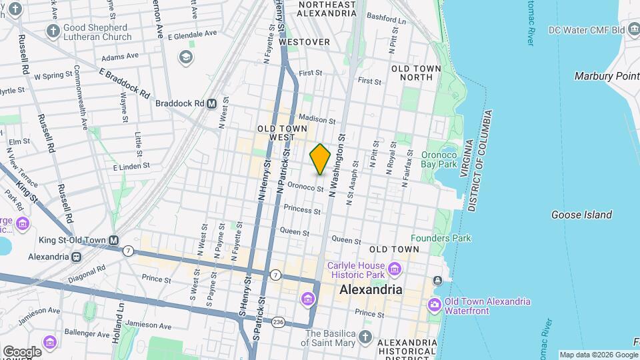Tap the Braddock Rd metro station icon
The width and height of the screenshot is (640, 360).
coord(212,103)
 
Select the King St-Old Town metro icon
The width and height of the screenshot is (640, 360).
coord(115,240)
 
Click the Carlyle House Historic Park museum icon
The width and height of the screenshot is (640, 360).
coord(395,269)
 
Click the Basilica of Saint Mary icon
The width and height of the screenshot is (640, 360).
coord(365,337)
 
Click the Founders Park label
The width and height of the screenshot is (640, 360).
coord(441,238)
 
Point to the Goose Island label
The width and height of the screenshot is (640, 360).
coord(581,215)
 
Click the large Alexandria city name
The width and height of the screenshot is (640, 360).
coord(371,290)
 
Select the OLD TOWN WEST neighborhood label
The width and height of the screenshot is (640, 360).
coord(282,133)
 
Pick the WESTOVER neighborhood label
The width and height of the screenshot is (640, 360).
coord(304,42)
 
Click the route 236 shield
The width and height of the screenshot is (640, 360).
coord(277,322)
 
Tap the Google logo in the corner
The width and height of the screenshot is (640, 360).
coord(22,351)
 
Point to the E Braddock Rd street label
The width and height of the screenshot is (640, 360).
coord(124,83)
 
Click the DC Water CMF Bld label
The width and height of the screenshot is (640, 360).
coord(585,30)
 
